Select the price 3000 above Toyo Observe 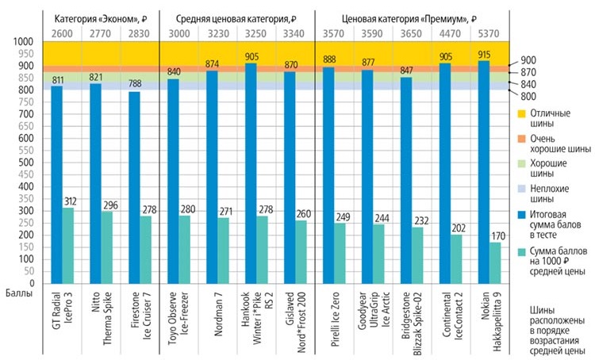pos(179,33)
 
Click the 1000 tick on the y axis pos(23,42)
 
